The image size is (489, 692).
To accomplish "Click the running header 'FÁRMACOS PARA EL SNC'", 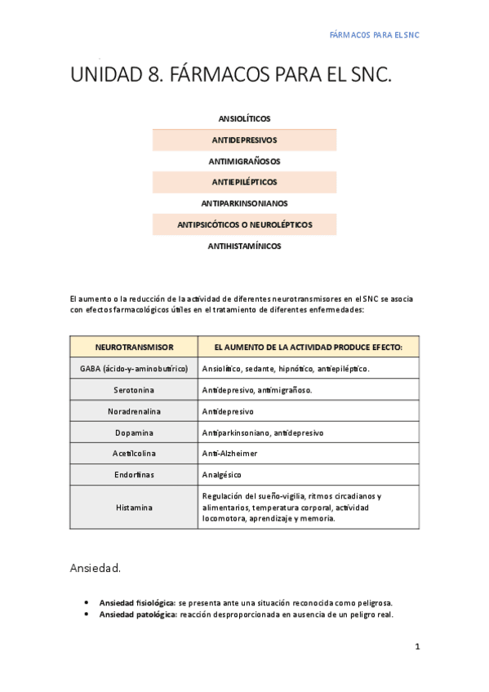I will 373,36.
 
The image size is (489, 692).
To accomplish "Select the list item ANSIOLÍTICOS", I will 244,119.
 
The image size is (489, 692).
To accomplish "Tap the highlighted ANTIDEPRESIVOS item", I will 244,140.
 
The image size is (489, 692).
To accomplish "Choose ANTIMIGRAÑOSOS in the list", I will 244,162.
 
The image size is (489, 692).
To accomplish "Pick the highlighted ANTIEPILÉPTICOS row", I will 244,182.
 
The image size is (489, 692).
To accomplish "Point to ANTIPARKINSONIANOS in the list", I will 244,203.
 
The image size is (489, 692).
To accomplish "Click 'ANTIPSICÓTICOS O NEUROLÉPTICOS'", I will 244,224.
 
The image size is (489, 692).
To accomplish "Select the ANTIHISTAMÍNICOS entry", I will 244,246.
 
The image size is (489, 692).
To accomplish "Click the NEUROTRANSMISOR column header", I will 134,348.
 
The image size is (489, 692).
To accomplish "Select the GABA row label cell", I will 134,369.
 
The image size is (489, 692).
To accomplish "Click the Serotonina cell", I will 134,390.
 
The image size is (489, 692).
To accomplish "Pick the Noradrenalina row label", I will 134,411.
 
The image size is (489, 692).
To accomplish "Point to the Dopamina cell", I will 134,432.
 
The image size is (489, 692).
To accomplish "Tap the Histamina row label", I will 134,507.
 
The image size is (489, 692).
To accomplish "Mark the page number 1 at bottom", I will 417,647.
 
